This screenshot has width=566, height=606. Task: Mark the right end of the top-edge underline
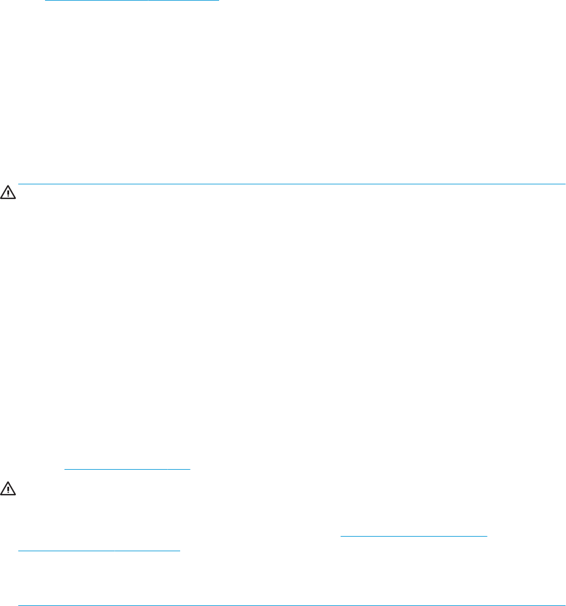[218, 1]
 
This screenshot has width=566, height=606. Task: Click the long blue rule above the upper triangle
[292, 183]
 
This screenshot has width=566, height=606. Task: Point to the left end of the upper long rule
[19, 183]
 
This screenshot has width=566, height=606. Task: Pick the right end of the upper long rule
[565, 183]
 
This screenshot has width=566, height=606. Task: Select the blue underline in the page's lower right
[414, 535]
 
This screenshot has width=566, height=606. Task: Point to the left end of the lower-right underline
[340, 535]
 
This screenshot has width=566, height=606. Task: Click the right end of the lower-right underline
[488, 535]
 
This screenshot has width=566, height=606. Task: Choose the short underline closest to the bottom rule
[99, 551]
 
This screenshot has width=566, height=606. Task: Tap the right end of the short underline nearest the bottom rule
[181, 551]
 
